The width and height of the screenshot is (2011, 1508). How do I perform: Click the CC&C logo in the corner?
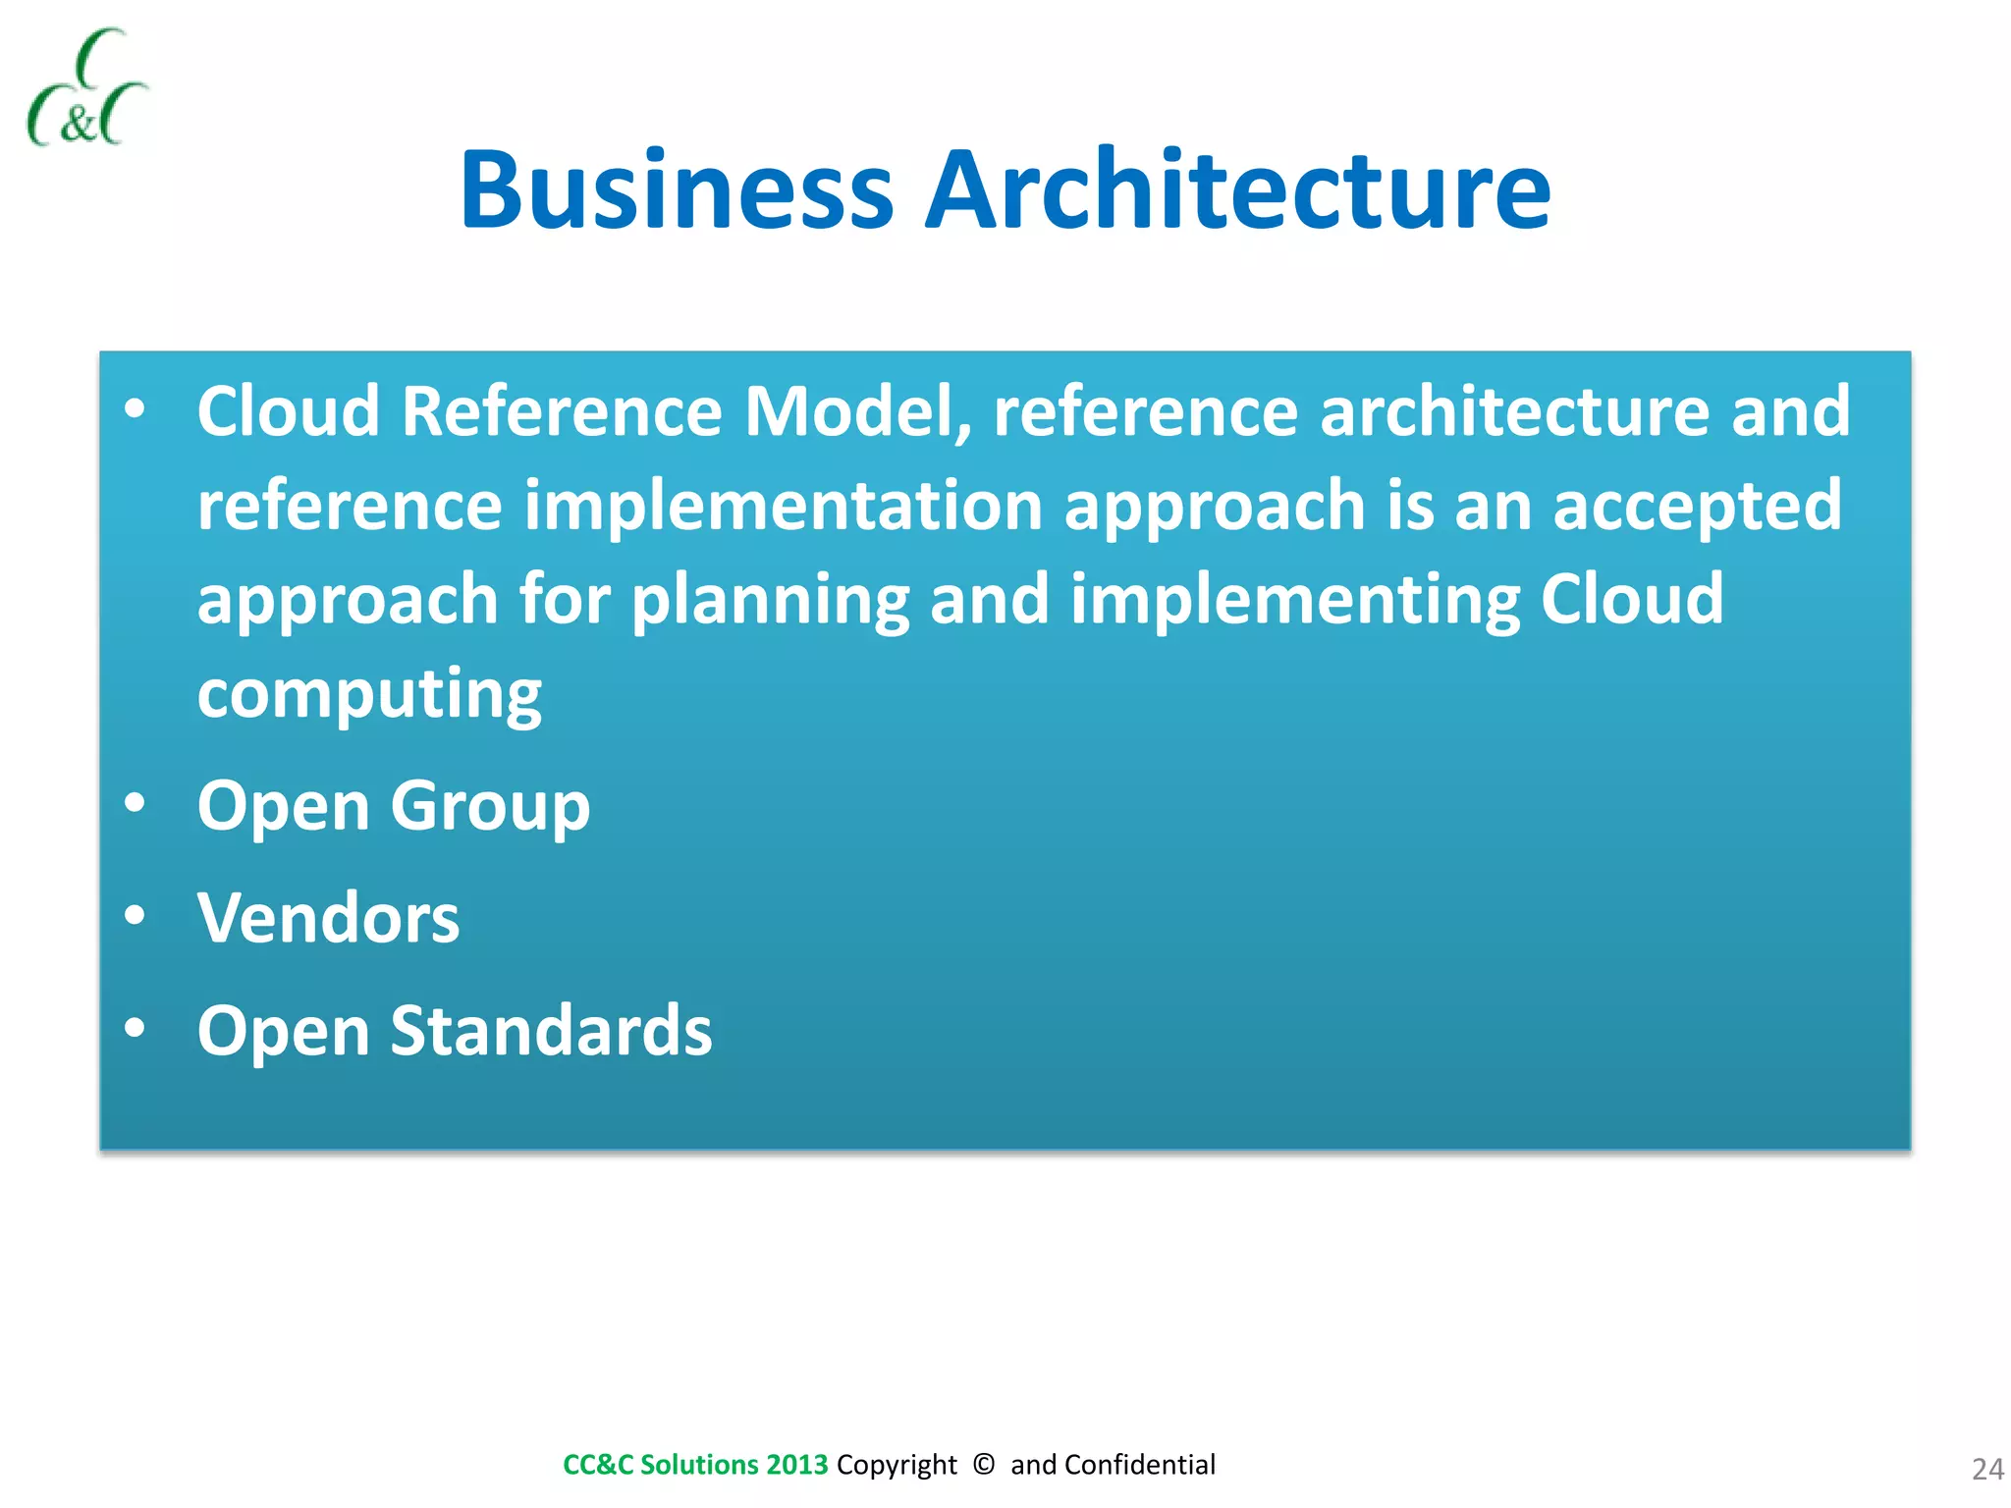(x=86, y=88)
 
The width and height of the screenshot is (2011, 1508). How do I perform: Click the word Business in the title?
(x=677, y=190)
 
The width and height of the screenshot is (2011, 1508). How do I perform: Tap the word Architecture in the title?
(x=1238, y=190)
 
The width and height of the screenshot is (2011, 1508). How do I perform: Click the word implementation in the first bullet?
(x=783, y=506)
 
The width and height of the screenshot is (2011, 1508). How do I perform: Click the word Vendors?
(x=328, y=918)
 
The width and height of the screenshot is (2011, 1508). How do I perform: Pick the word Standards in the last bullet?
(x=551, y=1031)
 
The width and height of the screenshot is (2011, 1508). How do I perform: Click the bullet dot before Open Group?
(x=136, y=803)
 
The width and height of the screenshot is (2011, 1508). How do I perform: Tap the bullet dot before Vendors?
(x=136, y=915)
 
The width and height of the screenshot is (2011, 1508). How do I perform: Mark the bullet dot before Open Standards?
(x=136, y=1028)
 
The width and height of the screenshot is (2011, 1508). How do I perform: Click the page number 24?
(x=1986, y=1469)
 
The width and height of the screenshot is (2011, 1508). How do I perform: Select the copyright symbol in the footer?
(x=983, y=1464)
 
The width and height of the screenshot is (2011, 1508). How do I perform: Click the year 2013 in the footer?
(x=797, y=1465)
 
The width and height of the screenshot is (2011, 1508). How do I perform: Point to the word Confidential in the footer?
(x=1139, y=1465)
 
